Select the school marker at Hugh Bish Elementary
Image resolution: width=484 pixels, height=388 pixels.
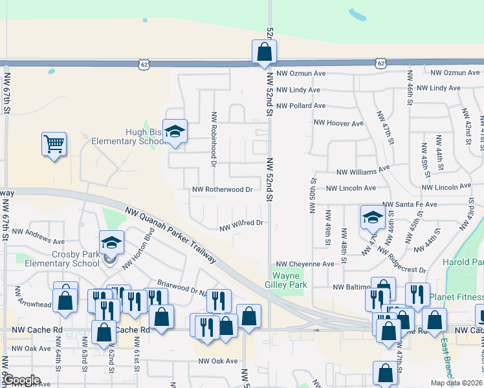click(175, 131)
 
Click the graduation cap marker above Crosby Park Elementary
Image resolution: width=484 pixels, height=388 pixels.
click(111, 242)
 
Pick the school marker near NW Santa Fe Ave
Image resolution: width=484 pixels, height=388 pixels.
click(373, 217)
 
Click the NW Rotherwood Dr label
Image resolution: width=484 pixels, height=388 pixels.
click(222, 190)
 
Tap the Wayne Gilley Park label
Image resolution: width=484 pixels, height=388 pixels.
click(290, 280)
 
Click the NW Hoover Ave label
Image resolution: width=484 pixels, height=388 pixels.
click(338, 123)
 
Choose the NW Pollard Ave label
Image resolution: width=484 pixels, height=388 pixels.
click(301, 105)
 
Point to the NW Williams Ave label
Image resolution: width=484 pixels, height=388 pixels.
click(363, 171)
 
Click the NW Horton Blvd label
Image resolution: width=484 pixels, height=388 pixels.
click(144, 247)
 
